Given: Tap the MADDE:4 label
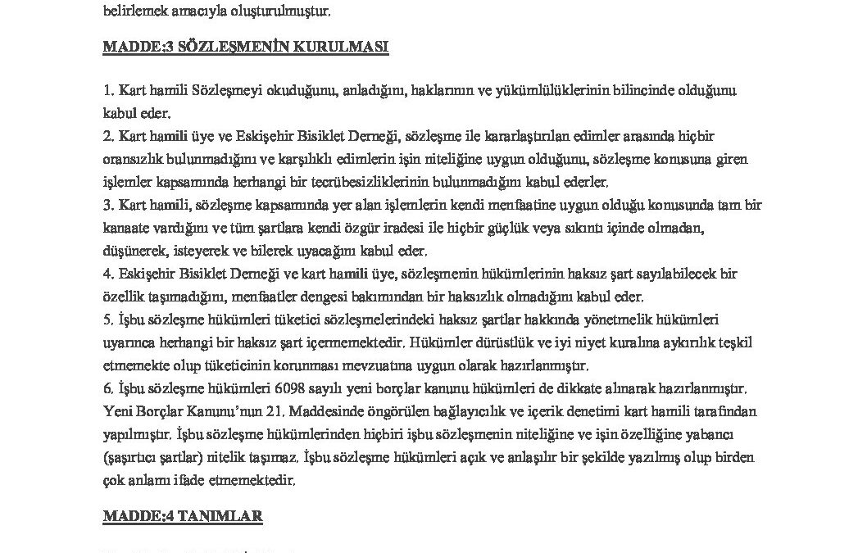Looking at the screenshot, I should click(x=134, y=515).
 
